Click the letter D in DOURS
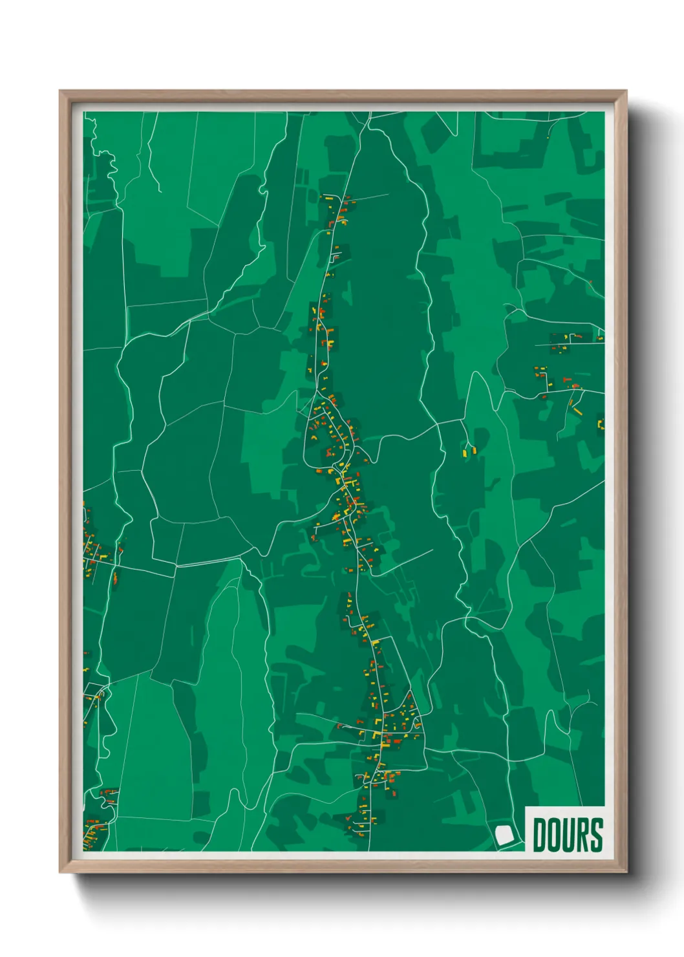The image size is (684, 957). tap(540, 835)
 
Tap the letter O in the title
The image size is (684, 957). tap(555, 835)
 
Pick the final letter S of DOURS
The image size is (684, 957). tap(597, 835)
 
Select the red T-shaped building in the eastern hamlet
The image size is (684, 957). tap(567, 379)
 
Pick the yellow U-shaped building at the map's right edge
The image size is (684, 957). tap(601, 424)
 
